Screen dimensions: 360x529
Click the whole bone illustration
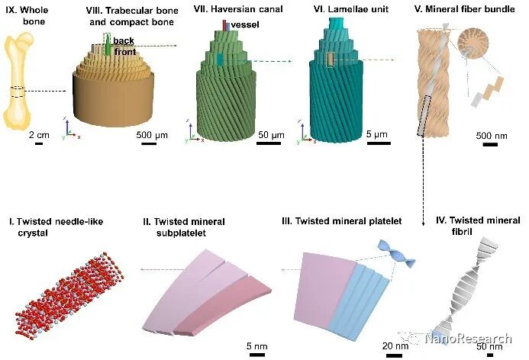click(29, 85)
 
